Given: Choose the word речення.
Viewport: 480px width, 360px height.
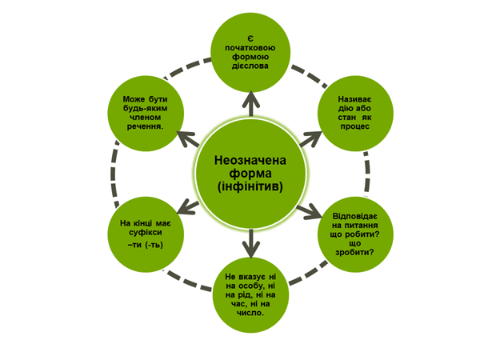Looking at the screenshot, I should click(x=145, y=126).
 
